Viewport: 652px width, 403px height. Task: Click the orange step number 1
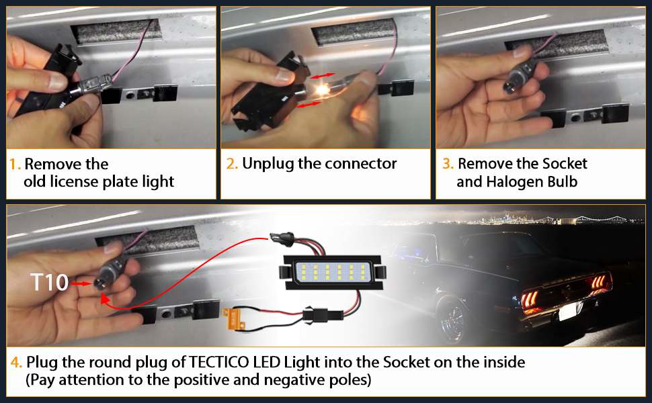click(14, 165)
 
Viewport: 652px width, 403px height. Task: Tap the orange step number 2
click(231, 164)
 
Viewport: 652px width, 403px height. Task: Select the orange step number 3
click(447, 164)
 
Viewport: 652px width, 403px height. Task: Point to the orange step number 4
click(16, 363)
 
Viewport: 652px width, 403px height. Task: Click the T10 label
click(50, 283)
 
